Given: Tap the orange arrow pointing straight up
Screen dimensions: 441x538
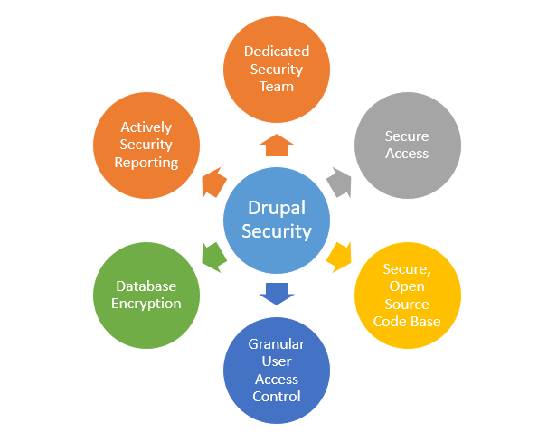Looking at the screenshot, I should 277,145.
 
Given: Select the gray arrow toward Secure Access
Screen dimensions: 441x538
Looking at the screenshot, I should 337,182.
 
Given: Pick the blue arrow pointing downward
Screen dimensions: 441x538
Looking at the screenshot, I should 277,293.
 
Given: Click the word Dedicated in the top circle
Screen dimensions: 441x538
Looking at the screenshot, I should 277,52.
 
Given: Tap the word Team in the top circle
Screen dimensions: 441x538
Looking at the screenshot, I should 277,87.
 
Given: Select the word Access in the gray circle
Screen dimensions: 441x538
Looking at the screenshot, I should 407,153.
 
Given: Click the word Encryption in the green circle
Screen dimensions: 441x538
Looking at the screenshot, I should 146,303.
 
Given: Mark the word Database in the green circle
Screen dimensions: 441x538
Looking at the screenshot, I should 146,286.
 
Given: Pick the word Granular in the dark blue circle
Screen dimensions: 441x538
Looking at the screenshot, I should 277,344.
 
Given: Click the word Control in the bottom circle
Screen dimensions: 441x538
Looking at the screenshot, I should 277,396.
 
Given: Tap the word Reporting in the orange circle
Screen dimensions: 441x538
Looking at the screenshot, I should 146,162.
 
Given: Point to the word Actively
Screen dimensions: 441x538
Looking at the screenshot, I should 146,127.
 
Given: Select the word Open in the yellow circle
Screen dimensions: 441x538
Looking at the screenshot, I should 407,286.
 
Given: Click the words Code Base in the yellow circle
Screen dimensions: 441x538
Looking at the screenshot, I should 407,321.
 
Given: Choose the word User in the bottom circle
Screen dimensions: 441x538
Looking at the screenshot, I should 277,361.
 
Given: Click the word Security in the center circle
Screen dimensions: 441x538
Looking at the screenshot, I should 277,231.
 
